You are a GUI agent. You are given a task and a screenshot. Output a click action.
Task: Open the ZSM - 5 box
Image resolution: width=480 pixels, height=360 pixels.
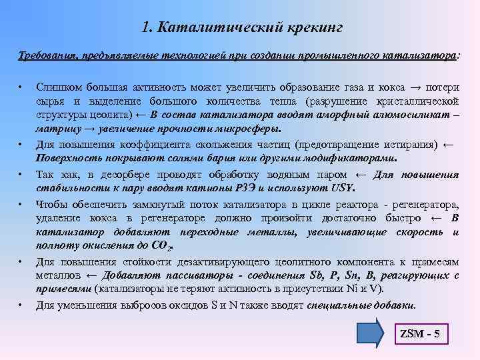pos(419,333)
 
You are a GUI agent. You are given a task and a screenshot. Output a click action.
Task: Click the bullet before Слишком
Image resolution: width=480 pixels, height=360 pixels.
pos(21,87)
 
